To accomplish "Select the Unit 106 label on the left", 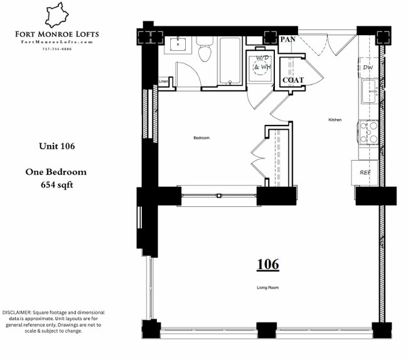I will (56, 146).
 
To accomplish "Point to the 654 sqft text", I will (56, 185).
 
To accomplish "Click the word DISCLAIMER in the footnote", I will (19, 312).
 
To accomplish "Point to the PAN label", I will (287, 40).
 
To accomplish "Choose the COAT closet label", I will (293, 80).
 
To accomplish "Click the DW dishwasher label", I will (367, 68).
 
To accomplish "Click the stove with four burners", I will (368, 132).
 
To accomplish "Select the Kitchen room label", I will (335, 119).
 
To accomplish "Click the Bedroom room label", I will (201, 137).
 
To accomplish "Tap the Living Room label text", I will (267, 288).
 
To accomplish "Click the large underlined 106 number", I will (267, 265).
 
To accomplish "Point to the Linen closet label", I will (163, 81).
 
